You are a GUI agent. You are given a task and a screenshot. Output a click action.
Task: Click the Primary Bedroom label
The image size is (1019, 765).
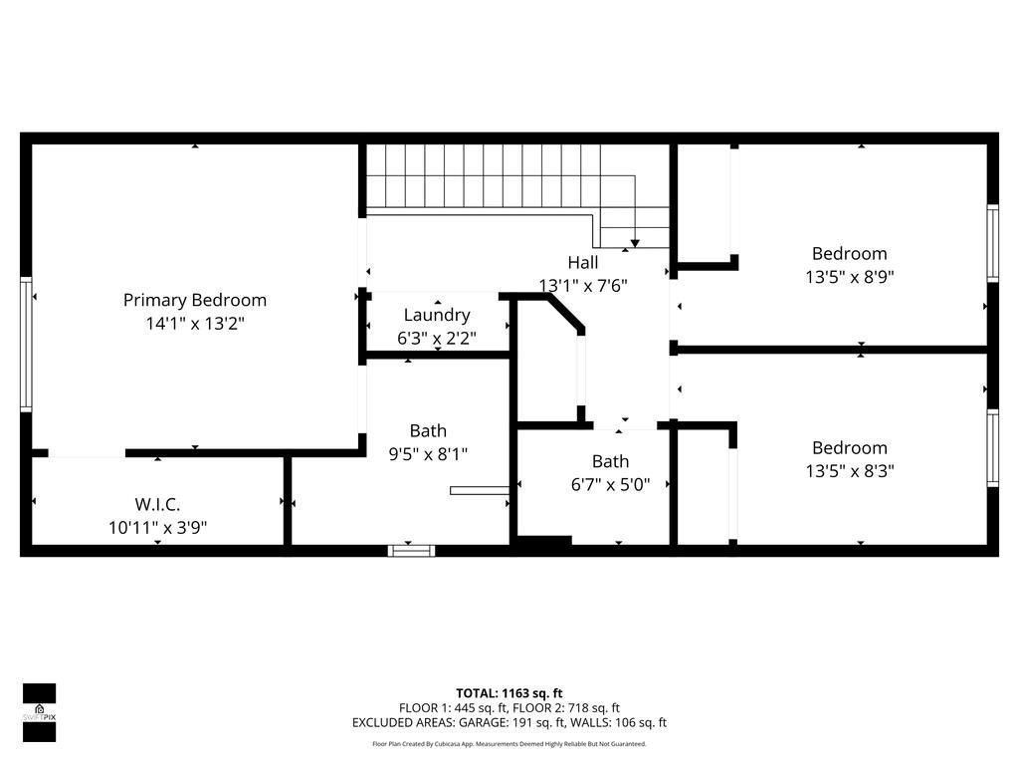point(195,300)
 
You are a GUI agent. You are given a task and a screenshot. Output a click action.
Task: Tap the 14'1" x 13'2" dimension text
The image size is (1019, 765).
point(195,324)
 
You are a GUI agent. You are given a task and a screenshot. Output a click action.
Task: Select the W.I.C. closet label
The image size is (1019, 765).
point(158,504)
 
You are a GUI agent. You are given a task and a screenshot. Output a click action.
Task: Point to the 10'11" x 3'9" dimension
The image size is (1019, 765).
point(158,528)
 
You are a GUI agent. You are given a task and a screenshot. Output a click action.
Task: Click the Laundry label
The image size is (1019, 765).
point(437,315)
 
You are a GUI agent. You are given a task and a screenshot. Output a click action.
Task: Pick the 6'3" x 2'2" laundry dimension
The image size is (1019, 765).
point(437,339)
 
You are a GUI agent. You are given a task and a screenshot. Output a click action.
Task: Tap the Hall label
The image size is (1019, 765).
point(583,263)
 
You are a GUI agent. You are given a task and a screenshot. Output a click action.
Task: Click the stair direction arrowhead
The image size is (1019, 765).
point(635,243)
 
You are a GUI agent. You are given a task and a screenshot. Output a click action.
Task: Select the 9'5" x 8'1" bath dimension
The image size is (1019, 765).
point(428,454)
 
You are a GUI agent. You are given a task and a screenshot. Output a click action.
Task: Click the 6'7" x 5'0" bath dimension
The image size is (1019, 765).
point(610,485)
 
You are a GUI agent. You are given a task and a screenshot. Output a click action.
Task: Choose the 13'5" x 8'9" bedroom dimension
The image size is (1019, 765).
point(849,278)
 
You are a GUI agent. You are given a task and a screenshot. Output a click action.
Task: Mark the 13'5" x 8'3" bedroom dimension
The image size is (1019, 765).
point(849,471)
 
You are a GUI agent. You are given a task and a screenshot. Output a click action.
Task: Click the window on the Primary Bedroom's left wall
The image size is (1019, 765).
point(26,344)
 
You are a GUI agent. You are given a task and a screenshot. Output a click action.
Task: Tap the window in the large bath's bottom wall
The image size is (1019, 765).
point(411,549)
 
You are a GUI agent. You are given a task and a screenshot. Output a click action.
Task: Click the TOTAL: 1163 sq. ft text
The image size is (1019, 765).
point(509,693)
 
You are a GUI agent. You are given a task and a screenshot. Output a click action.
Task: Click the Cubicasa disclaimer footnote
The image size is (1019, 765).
point(509,744)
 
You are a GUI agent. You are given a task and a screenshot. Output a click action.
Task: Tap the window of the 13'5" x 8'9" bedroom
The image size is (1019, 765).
point(992,242)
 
